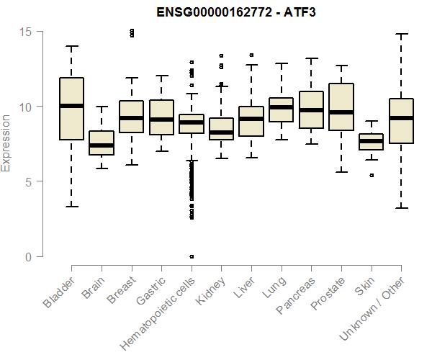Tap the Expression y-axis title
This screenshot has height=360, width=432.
click(6, 143)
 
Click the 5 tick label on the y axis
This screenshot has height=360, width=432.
click(29, 182)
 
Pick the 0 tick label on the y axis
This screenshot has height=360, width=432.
click(29, 257)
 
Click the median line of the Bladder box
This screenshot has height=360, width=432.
click(71, 106)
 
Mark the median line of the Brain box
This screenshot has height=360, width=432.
click(102, 145)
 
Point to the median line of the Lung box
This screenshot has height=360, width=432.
click(281, 107)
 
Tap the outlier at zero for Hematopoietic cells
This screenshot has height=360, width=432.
click(192, 256)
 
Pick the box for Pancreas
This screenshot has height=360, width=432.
click(311, 109)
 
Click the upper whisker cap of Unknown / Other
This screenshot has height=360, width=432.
click(401, 34)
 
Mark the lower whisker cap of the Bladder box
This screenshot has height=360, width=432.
click(71, 207)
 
